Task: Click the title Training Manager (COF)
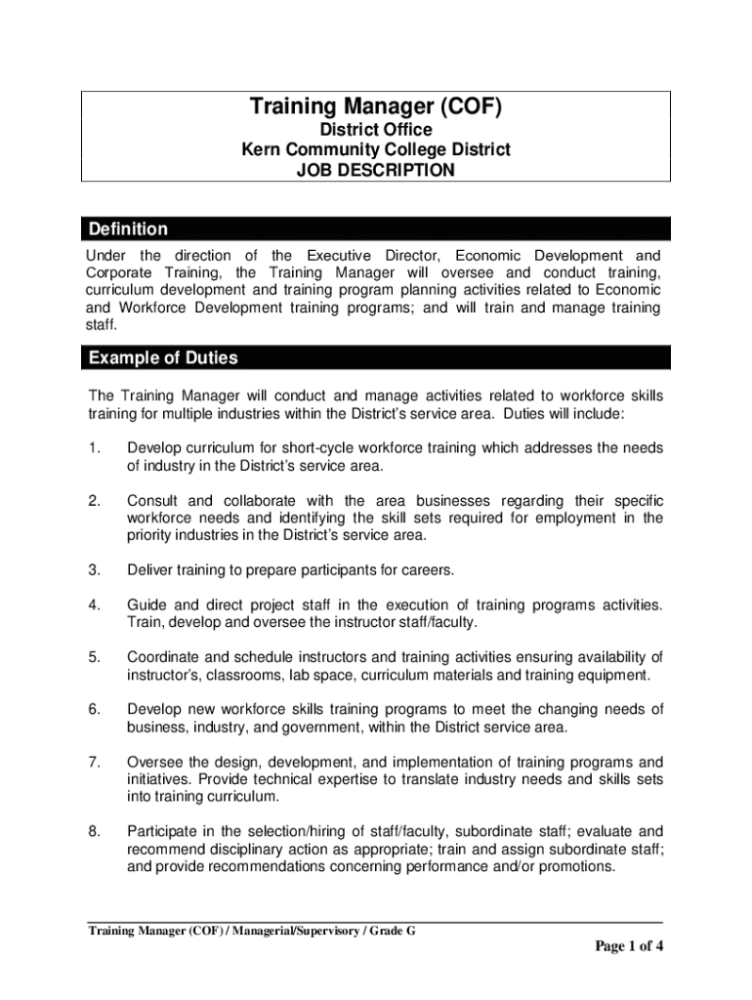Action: point(376,106)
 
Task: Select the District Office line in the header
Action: point(376,130)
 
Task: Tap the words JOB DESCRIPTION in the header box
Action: point(376,171)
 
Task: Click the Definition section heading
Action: point(128,229)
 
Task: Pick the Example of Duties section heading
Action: point(163,358)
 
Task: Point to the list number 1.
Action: point(94,448)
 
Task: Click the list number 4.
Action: point(94,605)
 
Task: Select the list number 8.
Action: point(94,831)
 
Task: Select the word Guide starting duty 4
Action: point(147,605)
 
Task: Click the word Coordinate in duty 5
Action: point(166,656)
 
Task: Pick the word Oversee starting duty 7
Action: point(155,762)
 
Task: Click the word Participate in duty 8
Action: point(165,831)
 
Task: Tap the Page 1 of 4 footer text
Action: point(629,946)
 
